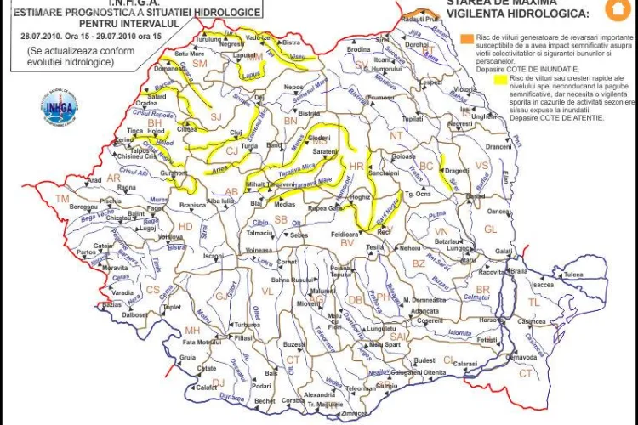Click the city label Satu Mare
click(x=192, y=53)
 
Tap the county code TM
click(x=61, y=198)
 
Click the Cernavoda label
click(x=521, y=357)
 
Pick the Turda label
click(x=249, y=146)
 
